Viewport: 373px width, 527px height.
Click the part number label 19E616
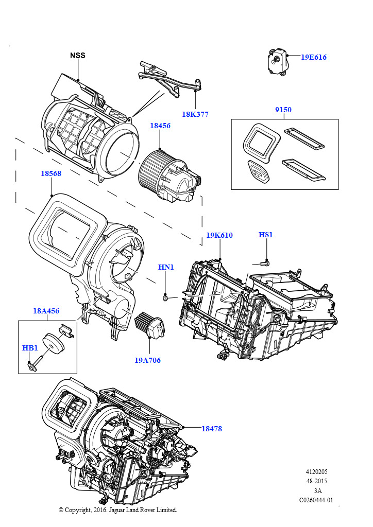pyautogui.click(x=313, y=58)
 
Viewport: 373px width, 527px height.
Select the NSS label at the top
pyautogui.click(x=78, y=56)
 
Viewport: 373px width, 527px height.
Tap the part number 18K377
pyautogui.click(x=195, y=114)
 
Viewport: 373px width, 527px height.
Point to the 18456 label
pyautogui.click(x=160, y=126)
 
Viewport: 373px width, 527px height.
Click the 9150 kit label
pyautogui.click(x=283, y=110)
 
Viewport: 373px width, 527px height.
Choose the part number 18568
pyautogui.click(x=51, y=174)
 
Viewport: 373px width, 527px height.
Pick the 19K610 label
pyautogui.click(x=219, y=235)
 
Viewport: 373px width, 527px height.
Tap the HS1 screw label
pyautogui.click(x=266, y=235)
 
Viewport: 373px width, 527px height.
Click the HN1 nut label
pyautogui.click(x=165, y=267)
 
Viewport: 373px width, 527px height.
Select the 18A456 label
pyautogui.click(x=46, y=311)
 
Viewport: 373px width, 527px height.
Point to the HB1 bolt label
pyautogui.click(x=30, y=348)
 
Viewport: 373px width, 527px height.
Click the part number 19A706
pyautogui.click(x=148, y=360)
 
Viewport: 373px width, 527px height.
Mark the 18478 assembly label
pyautogui.click(x=212, y=428)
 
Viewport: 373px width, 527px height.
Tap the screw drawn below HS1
pyautogui.click(x=264, y=263)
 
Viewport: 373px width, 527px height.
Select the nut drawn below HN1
pyautogui.click(x=164, y=297)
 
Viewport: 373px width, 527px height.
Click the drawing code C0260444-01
pyautogui.click(x=316, y=500)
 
